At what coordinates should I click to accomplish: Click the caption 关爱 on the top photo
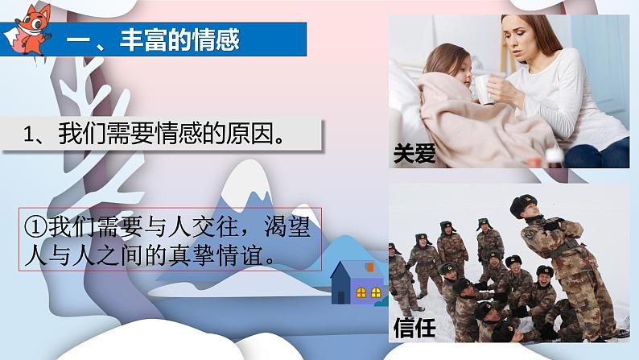click(x=414, y=153)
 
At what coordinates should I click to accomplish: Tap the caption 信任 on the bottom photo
click(x=414, y=328)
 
